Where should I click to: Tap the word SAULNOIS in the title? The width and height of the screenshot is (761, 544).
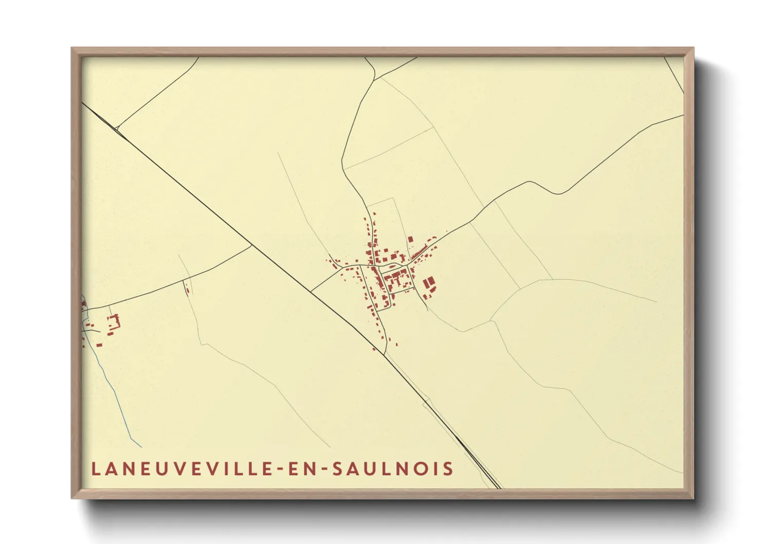click(393, 469)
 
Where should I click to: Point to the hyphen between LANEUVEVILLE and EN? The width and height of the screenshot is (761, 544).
click(281, 469)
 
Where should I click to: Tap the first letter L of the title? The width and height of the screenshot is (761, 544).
click(96, 469)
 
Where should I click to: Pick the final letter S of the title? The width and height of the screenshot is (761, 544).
click(449, 469)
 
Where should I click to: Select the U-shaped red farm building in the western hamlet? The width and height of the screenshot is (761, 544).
click(114, 323)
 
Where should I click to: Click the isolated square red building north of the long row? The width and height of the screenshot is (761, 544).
click(410, 239)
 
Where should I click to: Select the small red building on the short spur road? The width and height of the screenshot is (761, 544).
click(187, 291)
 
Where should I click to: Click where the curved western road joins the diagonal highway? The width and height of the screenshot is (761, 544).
click(251, 245)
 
